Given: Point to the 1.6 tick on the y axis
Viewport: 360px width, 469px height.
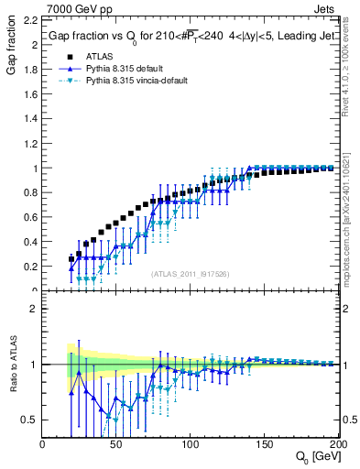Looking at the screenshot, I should point(31,94).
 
